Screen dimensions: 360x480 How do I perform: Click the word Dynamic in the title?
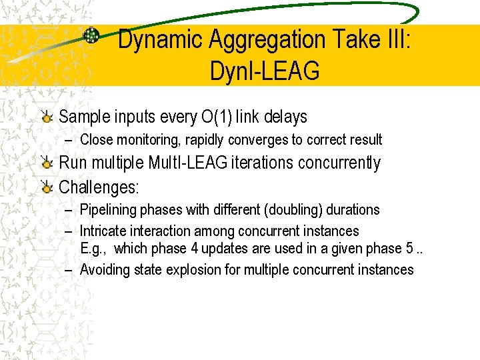[161, 40]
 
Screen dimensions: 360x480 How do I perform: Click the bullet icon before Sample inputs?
[47, 118]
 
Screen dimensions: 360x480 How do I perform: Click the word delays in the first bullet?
[284, 117]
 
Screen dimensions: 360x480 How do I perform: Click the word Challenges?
[99, 187]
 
